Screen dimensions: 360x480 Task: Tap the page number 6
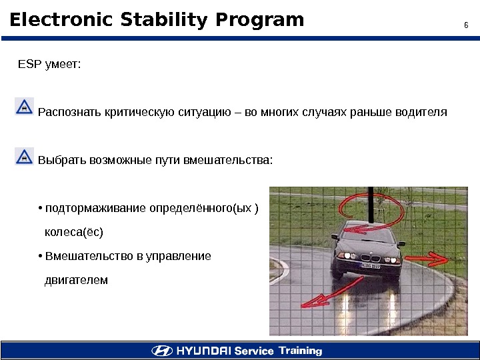pos(466,26)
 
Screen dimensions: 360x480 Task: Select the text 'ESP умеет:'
pos(49,65)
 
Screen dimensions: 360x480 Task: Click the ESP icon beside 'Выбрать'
pos(24,156)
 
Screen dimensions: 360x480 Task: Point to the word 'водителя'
pos(422,111)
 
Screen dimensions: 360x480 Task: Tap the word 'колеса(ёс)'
pos(73,233)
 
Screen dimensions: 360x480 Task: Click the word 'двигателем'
pos(75,280)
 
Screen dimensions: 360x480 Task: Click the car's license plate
pos(371,265)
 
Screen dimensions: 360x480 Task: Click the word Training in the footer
pos(300,351)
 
